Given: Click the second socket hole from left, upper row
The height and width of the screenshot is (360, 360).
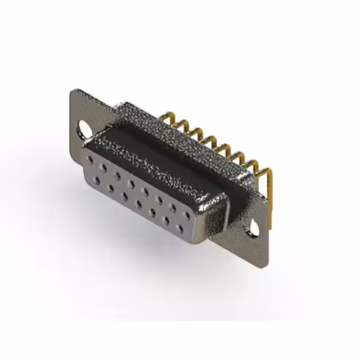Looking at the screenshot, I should tap(103, 167).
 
